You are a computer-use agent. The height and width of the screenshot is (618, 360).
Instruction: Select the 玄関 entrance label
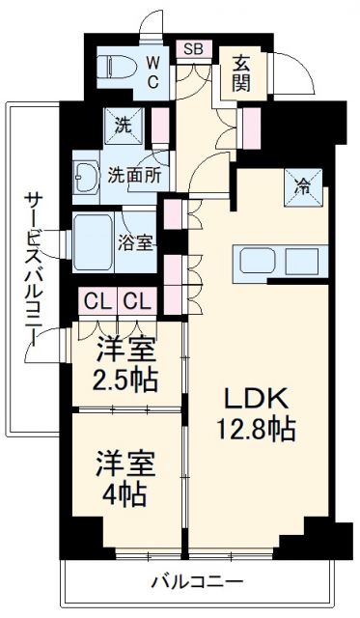240,73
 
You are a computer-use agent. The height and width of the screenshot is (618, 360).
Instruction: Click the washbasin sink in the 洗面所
86,176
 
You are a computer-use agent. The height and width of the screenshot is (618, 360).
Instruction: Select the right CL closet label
136,300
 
